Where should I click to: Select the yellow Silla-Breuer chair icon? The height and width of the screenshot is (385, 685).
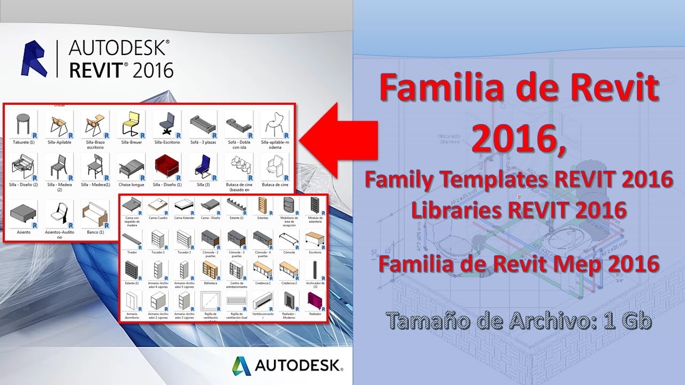point(130,125)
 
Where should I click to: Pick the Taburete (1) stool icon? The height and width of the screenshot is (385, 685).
point(23,125)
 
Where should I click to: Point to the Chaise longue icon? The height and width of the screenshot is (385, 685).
point(130,167)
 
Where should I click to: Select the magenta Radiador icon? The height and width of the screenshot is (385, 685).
point(315,301)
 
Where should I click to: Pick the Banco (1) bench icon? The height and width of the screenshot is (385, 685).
point(94,214)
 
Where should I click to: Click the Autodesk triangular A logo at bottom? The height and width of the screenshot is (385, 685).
point(241,366)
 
